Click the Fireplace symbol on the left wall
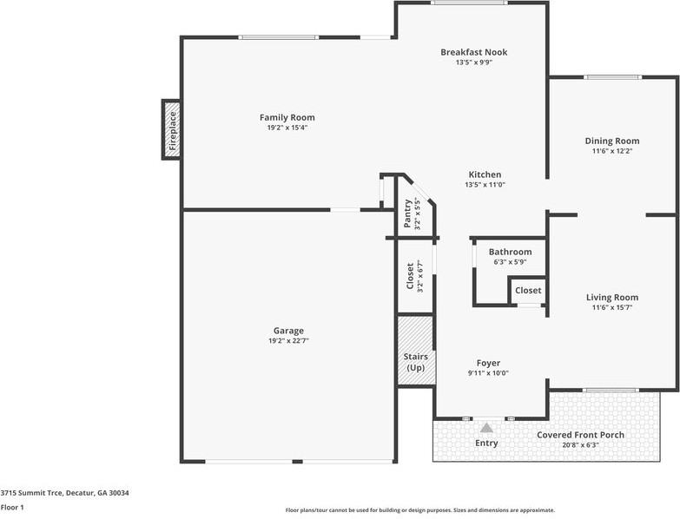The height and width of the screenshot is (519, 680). click(171, 129)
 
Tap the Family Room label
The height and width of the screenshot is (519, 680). click(287, 117)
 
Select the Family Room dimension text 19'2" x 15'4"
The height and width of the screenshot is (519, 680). click(287, 128)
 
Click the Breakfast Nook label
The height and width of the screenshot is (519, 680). click(473, 52)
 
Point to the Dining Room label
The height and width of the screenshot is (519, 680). click(611, 141)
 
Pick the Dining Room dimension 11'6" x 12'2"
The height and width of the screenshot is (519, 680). click(611, 151)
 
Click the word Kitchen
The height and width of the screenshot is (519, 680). click(485, 174)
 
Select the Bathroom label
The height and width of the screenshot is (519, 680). click(510, 252)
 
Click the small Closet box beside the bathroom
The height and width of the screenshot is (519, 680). click(527, 290)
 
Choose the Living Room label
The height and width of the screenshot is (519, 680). click(612, 297)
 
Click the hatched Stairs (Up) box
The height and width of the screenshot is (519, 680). click(415, 351)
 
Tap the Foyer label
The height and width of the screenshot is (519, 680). click(488, 363)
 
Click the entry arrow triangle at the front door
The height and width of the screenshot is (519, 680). click(487, 428)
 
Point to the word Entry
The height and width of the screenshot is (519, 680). click(487, 443)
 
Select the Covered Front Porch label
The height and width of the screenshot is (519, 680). click(580, 435)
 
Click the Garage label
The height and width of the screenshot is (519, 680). click(288, 331)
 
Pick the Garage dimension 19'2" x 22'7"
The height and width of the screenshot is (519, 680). click(288, 341)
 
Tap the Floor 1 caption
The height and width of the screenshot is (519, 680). click(12, 507)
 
